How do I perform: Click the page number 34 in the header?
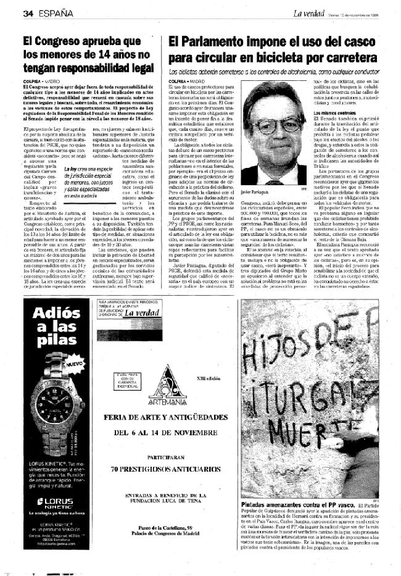pyautogui.click(x=27, y=12)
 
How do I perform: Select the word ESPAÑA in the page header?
pyautogui.click(x=55, y=12)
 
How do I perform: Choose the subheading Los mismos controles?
pyautogui.click(x=334, y=113)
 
